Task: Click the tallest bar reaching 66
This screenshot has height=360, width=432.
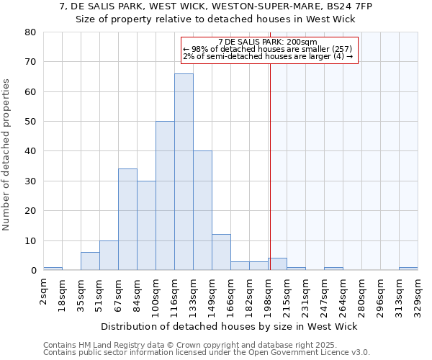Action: [x=184, y=172]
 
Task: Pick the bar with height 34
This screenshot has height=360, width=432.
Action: [x=127, y=220]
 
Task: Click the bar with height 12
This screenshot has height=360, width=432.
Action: [x=221, y=252]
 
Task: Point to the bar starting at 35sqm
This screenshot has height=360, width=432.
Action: [x=90, y=261]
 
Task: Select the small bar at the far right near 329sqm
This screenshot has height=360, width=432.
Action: [x=408, y=269]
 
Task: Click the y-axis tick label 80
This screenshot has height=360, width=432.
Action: [x=30, y=32]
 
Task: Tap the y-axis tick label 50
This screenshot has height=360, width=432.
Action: [x=30, y=122]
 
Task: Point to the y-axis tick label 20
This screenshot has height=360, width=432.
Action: [x=30, y=211]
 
